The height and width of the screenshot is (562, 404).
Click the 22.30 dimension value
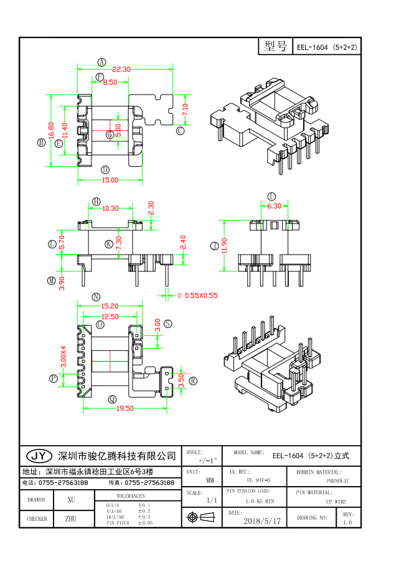121,69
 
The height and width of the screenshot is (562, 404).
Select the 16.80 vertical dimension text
51,130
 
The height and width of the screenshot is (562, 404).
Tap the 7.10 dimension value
185,110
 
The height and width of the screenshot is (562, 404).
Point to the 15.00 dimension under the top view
110,180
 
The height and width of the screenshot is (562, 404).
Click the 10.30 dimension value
110,208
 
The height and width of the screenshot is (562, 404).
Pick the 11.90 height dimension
223,245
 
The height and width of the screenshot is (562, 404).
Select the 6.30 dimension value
274,206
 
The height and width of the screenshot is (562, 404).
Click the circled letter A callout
101,61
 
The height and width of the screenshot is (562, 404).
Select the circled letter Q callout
112,399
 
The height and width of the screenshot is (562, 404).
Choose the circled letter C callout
181,131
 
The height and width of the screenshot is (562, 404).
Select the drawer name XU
71,499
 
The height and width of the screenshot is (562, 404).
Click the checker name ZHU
71,518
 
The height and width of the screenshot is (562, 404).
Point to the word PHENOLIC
337,480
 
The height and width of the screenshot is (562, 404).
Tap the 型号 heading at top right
275,46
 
